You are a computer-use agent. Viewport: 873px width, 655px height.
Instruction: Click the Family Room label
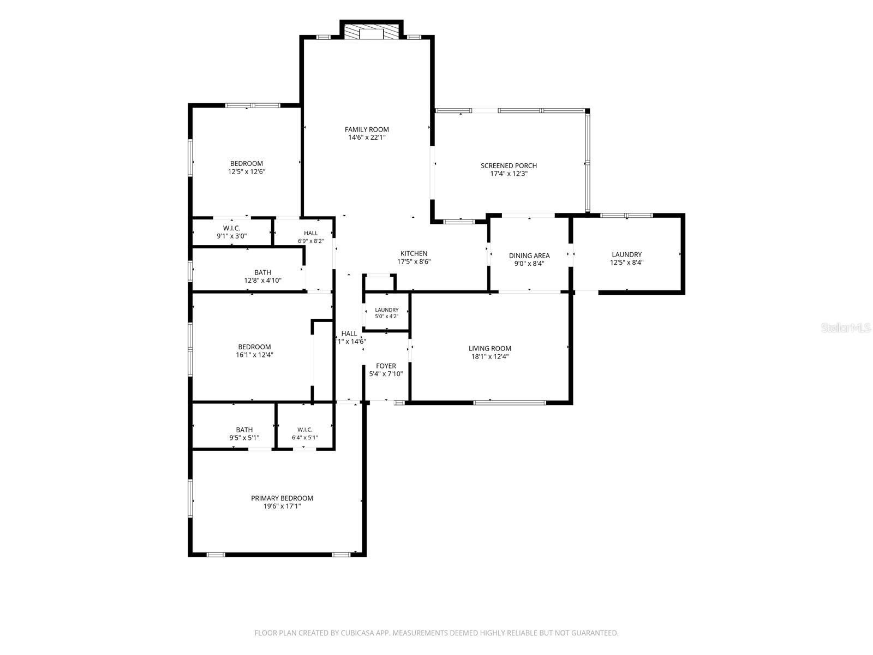367,129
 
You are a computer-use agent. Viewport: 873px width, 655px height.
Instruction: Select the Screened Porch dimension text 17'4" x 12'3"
509,174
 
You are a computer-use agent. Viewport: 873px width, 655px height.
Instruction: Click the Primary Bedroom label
282,498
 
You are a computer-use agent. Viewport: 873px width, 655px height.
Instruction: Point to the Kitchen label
414,253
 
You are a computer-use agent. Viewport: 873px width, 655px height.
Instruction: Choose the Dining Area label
529,255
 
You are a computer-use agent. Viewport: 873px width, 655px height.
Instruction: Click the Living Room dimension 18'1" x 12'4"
489,357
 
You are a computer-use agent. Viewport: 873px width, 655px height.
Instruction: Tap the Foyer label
386,366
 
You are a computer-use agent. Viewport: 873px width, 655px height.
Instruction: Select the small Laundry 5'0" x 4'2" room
386,313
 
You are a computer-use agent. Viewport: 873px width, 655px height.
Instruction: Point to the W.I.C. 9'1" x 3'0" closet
232,232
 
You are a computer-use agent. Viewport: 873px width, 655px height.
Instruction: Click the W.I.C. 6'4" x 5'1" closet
305,426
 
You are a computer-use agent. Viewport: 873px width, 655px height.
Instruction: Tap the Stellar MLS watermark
846,328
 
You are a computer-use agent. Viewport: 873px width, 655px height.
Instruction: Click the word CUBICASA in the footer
357,633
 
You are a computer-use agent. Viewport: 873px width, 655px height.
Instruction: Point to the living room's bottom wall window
510,402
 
